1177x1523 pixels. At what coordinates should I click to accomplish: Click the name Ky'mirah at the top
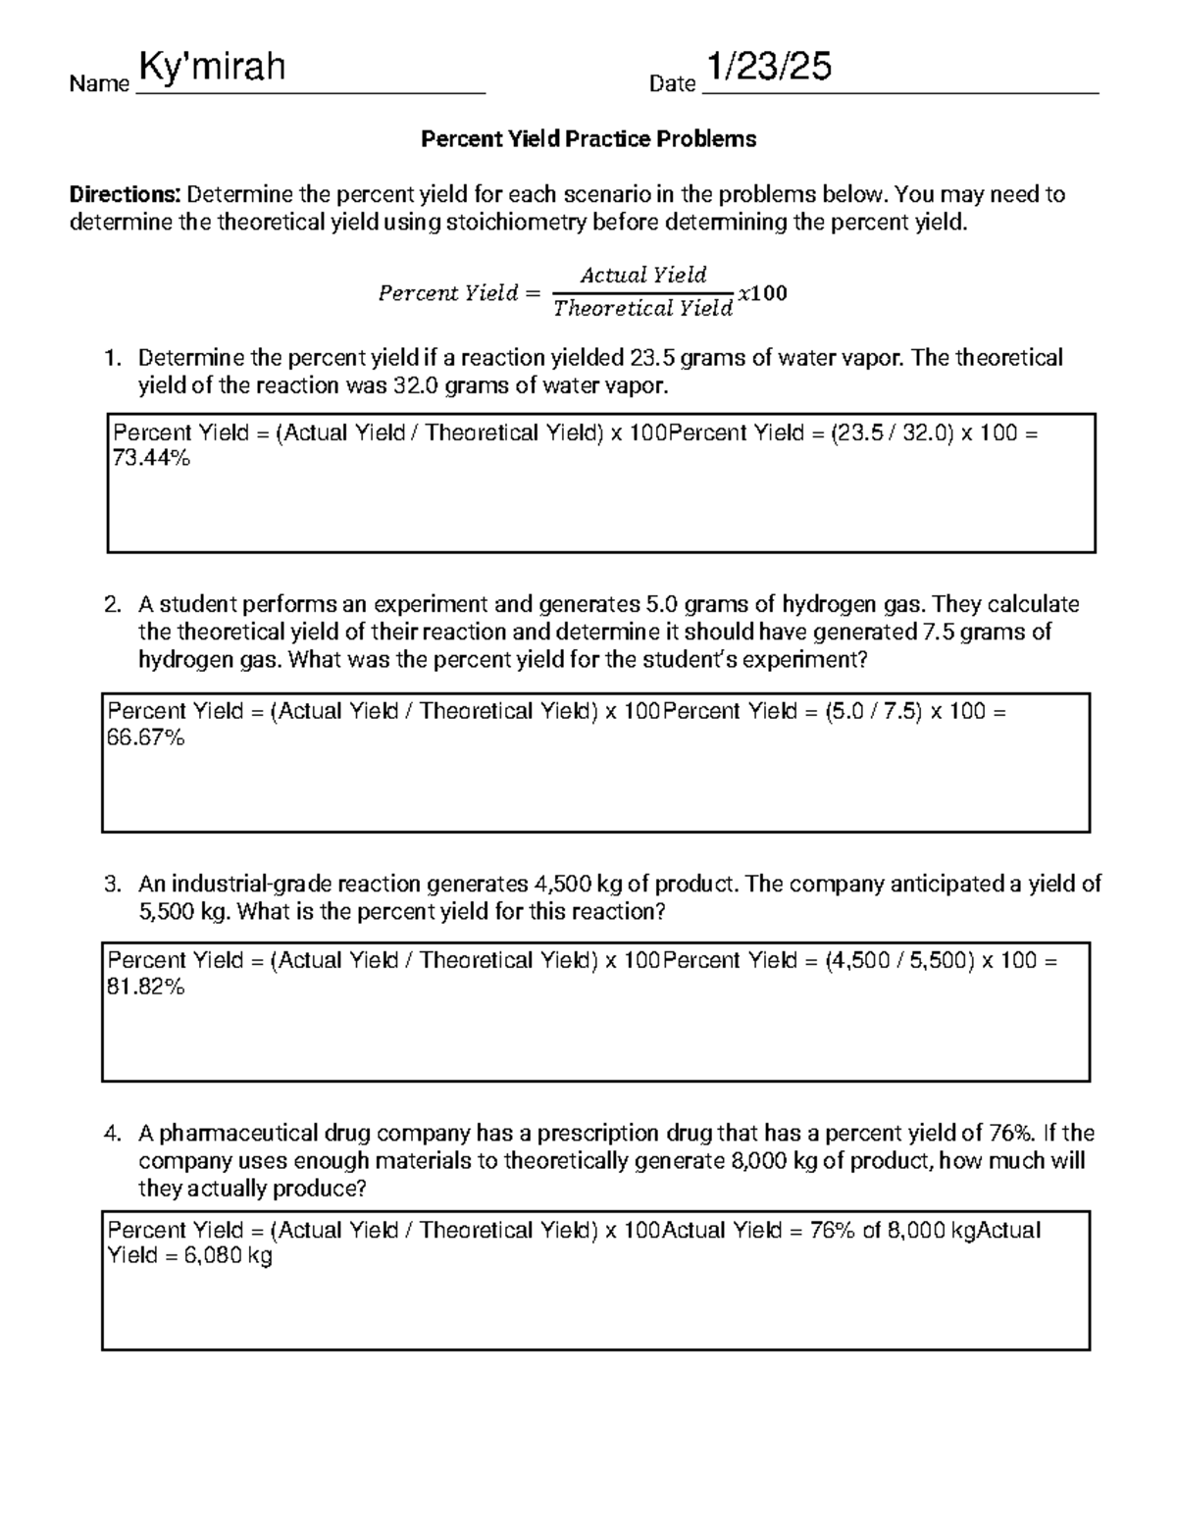click(x=213, y=68)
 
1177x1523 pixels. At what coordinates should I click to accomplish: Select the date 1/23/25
click(x=770, y=67)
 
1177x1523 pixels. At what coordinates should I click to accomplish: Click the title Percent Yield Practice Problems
click(x=588, y=139)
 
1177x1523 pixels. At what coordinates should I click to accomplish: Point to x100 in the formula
click(x=763, y=293)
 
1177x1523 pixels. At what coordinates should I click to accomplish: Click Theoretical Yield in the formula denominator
click(x=642, y=309)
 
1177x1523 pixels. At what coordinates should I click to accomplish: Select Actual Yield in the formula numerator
click(x=642, y=275)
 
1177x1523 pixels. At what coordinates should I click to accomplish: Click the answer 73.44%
click(x=152, y=458)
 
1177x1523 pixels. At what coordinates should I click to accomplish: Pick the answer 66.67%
click(x=145, y=737)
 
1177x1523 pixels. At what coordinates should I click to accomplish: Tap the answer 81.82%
click(x=145, y=987)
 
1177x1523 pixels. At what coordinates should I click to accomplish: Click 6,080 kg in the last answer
click(x=228, y=1256)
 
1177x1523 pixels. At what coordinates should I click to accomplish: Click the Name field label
click(x=99, y=84)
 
